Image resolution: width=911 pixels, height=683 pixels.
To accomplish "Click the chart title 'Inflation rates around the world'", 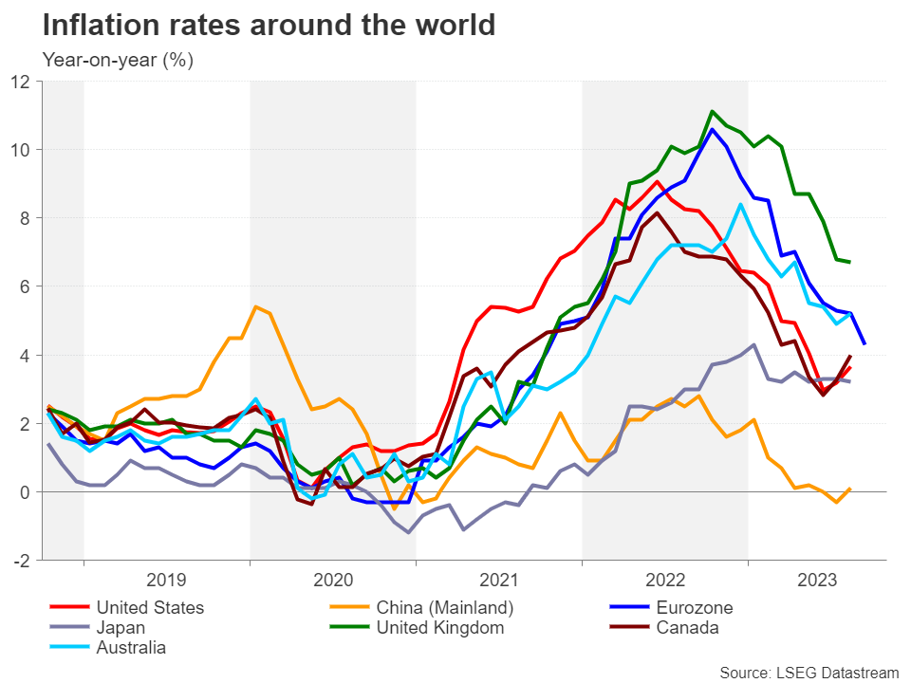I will pyautogui.click(x=269, y=26).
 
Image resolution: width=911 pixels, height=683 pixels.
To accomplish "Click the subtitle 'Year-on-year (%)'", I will pyautogui.click(x=119, y=59).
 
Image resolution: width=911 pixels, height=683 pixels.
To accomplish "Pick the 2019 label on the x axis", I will pyautogui.click(x=167, y=580).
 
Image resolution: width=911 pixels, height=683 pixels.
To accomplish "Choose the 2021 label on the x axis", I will pyautogui.click(x=499, y=580).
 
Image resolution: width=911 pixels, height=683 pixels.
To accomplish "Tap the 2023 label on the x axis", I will pyautogui.click(x=817, y=580).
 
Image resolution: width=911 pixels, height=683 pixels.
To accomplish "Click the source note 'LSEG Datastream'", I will pyautogui.click(x=809, y=672).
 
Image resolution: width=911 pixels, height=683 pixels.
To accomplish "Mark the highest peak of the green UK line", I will pyautogui.click(x=712, y=111).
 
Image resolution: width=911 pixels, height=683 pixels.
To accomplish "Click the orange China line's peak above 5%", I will pyautogui.click(x=255, y=306).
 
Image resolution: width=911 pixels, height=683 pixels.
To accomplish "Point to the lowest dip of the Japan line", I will pyautogui.click(x=409, y=532).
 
